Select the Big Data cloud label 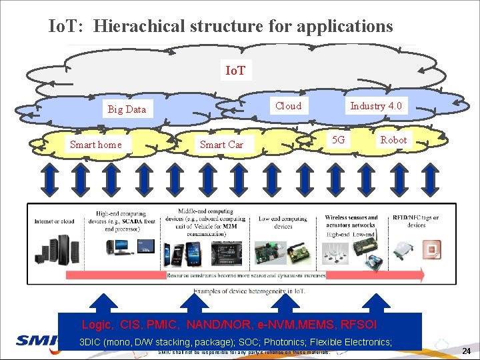[x=127, y=109]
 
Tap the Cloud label [x=288, y=106]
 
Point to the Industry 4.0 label [x=376, y=106]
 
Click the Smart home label [x=96, y=145]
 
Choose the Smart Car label [x=221, y=145]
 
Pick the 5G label [x=339, y=140]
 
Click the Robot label [x=393, y=140]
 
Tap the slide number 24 [x=467, y=351]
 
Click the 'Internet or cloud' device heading [x=55, y=221]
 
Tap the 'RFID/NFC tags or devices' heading [x=416, y=221]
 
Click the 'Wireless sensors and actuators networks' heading [x=351, y=221]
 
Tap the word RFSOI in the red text [x=359, y=325]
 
